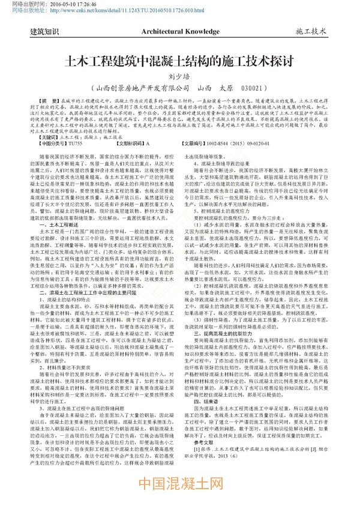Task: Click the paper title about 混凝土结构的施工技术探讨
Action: point(181,61)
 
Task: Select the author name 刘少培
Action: point(179,76)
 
